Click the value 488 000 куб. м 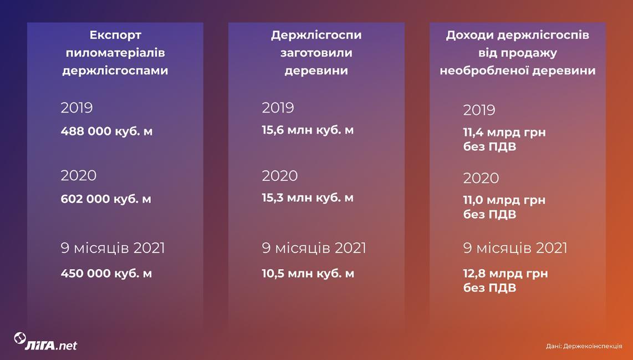(106, 131)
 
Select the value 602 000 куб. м (106, 199)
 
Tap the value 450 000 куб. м (106, 273)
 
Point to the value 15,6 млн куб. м (308, 130)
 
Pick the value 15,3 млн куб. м (308, 198)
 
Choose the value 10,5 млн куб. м (308, 273)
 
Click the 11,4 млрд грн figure (504, 132)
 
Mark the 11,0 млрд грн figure (504, 200)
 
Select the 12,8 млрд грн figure (506, 273)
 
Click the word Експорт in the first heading (115, 36)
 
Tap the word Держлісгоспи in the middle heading (316, 36)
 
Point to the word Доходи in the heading (469, 36)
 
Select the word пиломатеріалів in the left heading (115, 53)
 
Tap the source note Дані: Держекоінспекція (584, 346)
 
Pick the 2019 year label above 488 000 (76, 108)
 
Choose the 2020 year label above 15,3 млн (280, 176)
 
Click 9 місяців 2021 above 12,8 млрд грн (515, 248)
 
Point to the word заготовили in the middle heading (316, 53)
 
